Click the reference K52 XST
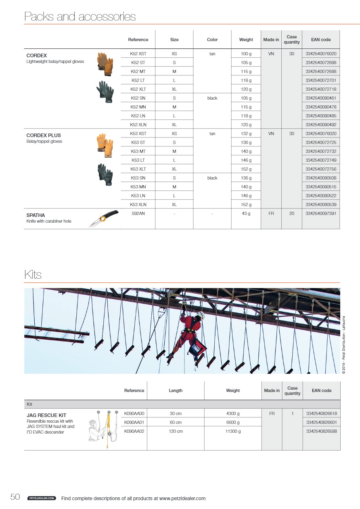pos(138,53)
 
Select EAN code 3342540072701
pos(321,80)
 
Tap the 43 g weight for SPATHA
pos(246,213)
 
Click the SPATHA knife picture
pos(103,218)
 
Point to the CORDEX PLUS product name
pos(44,136)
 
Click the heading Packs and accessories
pos(80,17)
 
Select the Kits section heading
pos(33,275)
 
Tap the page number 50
pos(15,497)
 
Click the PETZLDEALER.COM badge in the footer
pos(41,499)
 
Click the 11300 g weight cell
pos(233,431)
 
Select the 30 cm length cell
pos(175,413)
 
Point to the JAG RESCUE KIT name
pos(46,415)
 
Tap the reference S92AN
pos(138,213)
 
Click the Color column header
pos(212,40)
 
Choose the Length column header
pos(175,390)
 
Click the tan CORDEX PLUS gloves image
pos(105,143)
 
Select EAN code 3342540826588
pos(322,431)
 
